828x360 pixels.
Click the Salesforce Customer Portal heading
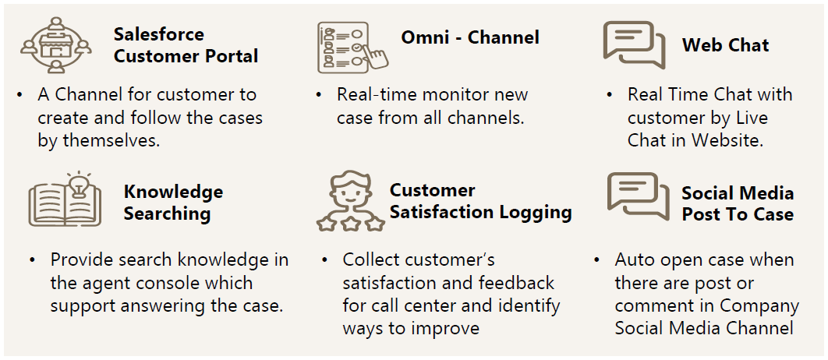(186, 45)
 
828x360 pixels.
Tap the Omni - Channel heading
(470, 37)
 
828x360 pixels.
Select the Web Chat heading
(725, 45)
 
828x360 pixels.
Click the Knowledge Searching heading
(173, 203)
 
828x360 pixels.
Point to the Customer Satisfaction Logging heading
(480, 201)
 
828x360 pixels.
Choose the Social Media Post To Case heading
(738, 203)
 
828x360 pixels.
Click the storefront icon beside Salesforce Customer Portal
(56, 45)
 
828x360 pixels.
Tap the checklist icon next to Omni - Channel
(352, 48)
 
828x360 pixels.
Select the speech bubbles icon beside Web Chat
(634, 45)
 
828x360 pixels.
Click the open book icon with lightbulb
(65, 199)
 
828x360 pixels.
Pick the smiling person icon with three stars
(351, 200)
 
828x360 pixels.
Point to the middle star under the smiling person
(351, 224)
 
